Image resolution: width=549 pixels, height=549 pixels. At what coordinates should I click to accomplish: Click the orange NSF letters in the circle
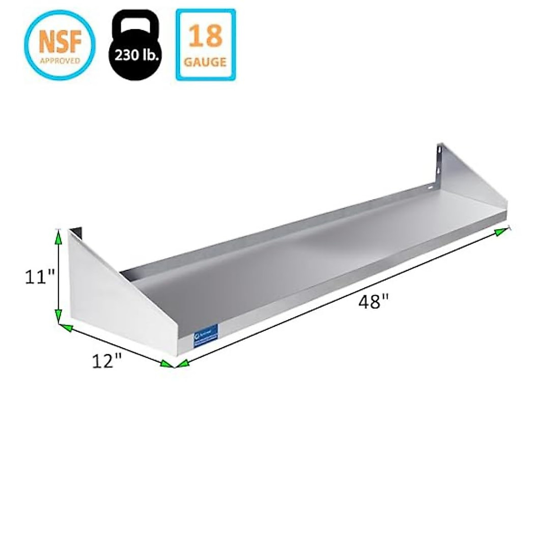coord(60,41)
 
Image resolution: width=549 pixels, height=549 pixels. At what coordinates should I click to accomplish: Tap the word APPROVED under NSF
coord(60,60)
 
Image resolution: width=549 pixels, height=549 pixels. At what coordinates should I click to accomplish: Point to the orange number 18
coord(205,36)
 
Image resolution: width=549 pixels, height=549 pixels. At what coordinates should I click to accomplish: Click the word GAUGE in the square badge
coord(205,61)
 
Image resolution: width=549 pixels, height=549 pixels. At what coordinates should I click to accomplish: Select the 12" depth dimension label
coord(107,361)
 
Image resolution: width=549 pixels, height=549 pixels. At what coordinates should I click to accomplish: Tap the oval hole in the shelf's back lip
coord(430,187)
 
